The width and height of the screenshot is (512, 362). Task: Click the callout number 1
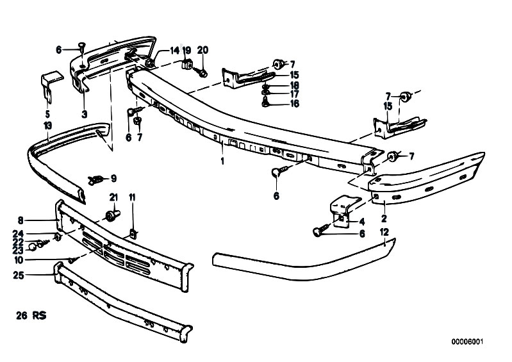(x=222, y=161)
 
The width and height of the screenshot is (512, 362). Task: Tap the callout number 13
(x=47, y=126)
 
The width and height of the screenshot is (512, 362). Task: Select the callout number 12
(x=384, y=232)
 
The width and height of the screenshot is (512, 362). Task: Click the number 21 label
(x=113, y=197)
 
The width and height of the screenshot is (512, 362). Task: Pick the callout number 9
(x=113, y=178)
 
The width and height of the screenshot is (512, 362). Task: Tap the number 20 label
(x=202, y=50)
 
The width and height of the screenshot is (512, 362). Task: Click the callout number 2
(x=384, y=218)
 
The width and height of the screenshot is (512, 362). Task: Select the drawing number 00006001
(x=467, y=341)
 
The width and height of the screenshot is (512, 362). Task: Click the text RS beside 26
(x=39, y=316)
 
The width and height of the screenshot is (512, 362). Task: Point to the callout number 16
(x=294, y=104)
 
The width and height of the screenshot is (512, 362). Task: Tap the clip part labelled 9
(x=95, y=180)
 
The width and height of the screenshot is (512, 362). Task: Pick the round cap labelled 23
(x=32, y=248)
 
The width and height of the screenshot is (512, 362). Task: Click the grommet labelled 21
(x=113, y=215)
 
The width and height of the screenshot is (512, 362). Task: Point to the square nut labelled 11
(x=133, y=234)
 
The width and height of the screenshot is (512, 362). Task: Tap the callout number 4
(x=362, y=222)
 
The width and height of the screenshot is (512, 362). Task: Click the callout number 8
(x=21, y=220)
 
